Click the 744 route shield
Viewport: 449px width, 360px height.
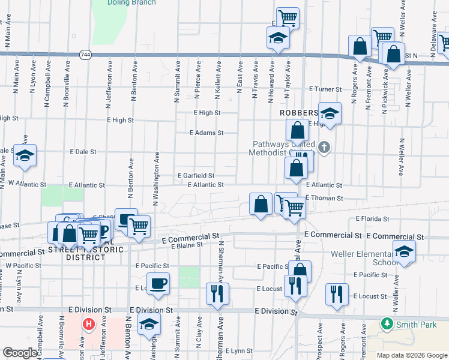85,54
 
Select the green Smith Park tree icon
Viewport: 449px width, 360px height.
387,325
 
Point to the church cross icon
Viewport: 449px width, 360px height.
324,147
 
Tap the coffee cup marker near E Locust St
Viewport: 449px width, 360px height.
158,283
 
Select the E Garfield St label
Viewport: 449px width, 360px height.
196,175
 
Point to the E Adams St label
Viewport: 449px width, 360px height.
206,133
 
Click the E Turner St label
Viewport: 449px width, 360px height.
325,89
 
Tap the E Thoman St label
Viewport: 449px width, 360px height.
324,198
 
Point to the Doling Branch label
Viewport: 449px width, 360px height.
131,2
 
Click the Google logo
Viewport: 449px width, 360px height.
20,353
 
